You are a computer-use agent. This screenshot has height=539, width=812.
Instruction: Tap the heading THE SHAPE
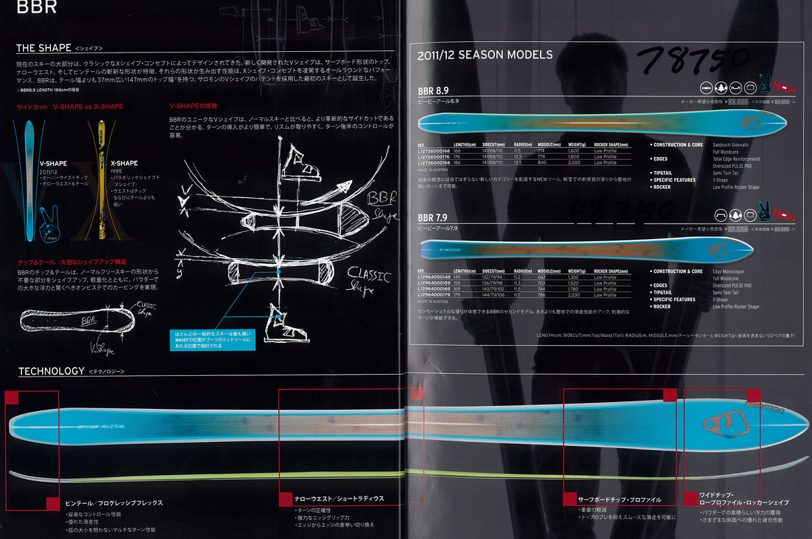[44, 48]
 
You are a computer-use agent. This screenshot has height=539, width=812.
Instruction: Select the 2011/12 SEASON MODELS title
[485, 55]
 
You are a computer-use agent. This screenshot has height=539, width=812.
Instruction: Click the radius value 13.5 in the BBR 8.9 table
[518, 162]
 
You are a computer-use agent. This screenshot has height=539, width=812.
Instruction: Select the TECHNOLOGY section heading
[51, 371]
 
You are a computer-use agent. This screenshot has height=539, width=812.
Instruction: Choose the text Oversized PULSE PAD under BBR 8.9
[736, 165]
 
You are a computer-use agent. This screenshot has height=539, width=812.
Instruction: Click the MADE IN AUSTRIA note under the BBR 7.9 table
[434, 301]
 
